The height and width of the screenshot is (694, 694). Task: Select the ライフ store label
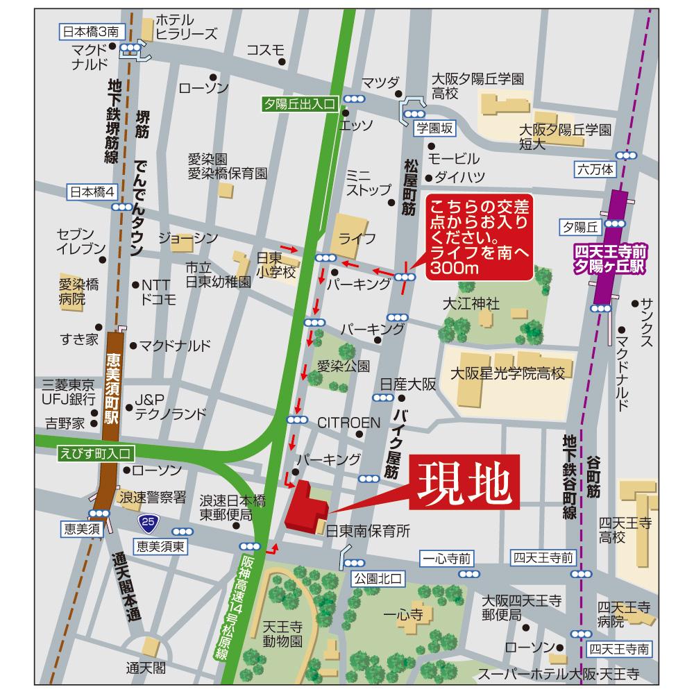click(x=357, y=238)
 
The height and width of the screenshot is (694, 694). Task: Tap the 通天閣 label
click(x=146, y=668)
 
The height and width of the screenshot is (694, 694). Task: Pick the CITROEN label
click(x=348, y=422)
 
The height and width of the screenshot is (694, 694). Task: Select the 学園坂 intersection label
click(x=434, y=128)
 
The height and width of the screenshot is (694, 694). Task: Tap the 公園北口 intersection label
click(x=371, y=577)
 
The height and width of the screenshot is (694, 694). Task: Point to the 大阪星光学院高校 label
click(x=507, y=374)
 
